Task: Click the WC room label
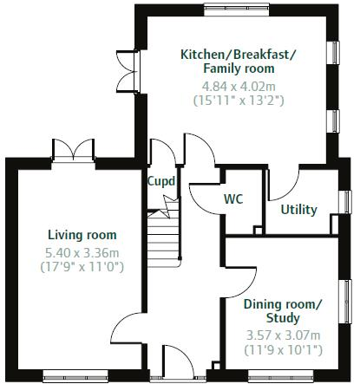(233, 199)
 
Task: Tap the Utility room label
(298, 210)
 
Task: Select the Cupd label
(161, 182)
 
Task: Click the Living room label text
(82, 235)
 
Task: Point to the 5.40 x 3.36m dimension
(82, 252)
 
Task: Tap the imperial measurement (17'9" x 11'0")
(82, 267)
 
